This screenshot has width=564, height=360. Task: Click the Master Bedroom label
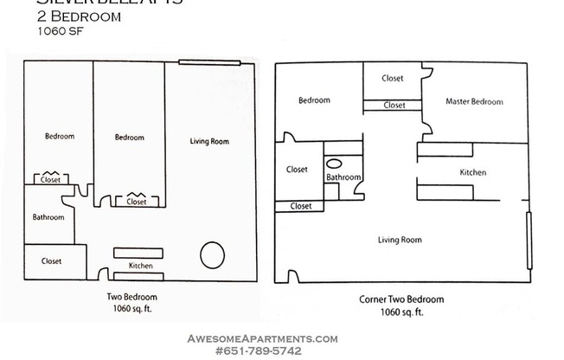(473, 102)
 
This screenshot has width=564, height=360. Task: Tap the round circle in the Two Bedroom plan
(212, 255)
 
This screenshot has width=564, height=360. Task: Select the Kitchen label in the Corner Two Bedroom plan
(472, 172)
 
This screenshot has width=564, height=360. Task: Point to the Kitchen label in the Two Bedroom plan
(140, 266)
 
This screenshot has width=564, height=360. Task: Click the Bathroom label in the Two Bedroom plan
(48, 217)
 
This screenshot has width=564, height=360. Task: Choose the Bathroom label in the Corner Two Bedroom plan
(343, 177)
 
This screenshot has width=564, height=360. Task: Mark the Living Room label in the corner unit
(400, 240)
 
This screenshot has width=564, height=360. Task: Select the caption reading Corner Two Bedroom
(401, 299)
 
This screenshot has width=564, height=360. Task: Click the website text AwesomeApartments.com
(263, 339)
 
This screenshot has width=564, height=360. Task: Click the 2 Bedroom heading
(79, 16)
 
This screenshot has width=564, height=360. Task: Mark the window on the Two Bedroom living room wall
(209, 61)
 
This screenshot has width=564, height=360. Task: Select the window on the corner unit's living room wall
(529, 234)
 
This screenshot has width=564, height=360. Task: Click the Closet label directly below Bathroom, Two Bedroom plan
(51, 261)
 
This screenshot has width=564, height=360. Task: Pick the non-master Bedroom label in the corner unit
(314, 100)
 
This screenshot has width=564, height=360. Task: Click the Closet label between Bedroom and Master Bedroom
(393, 79)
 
